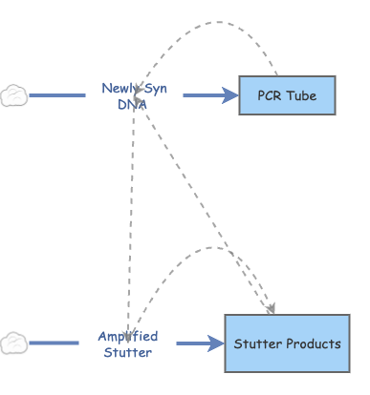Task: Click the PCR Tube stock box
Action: tap(287, 95)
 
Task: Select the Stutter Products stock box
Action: tap(287, 343)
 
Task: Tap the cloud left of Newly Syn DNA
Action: tap(13, 95)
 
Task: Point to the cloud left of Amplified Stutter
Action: tap(13, 342)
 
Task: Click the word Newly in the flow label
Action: tap(119, 89)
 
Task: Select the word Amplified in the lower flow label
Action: tap(127, 336)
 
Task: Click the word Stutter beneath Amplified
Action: tap(127, 352)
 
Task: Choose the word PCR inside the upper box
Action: tap(271, 95)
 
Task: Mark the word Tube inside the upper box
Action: tap(302, 95)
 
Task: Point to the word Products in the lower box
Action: tap(313, 343)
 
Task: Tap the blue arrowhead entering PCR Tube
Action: tap(230, 95)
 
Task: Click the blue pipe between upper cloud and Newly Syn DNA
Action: tap(57, 95)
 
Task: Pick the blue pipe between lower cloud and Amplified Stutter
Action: tap(54, 343)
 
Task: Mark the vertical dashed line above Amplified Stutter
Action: tap(133, 219)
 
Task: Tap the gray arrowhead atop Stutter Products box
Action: tap(272, 308)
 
